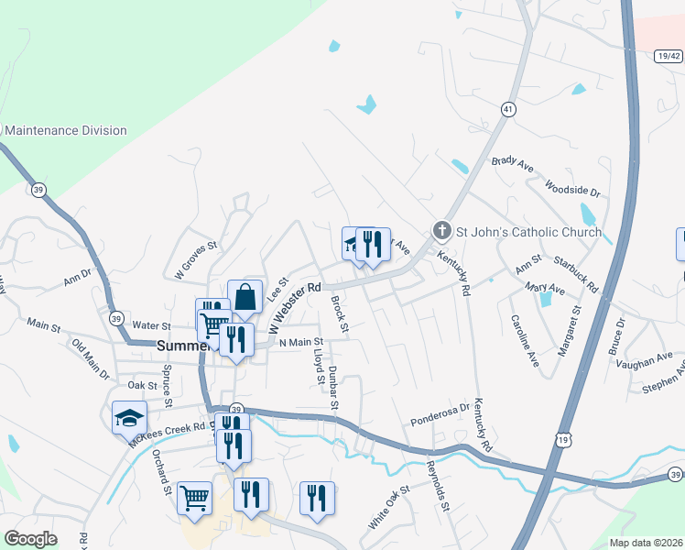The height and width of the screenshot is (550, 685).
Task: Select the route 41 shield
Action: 506,109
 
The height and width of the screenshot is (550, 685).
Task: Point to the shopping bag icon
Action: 245,297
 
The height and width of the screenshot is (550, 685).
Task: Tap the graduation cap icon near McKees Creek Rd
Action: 129,417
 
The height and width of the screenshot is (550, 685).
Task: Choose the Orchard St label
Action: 162,470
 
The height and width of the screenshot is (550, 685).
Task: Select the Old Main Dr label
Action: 91,360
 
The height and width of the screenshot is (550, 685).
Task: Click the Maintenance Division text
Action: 66,130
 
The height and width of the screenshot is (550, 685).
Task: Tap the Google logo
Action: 31,539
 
